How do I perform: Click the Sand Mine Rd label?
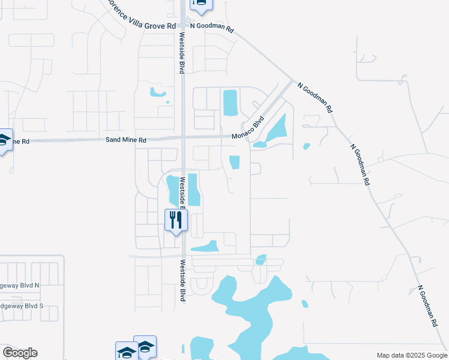pyautogui.click(x=126, y=140)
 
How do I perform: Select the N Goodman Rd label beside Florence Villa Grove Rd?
pyautogui.click(x=211, y=27)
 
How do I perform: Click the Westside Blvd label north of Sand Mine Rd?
pyautogui.click(x=179, y=51)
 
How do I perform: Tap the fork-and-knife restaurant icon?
pyautogui.click(x=176, y=220)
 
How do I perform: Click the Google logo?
pyautogui.click(x=19, y=353)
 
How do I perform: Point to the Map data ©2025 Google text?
pyautogui.click(x=411, y=355)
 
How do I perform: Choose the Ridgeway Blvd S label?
pyautogui.click(x=22, y=305)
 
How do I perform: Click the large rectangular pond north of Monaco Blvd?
pyautogui.click(x=230, y=103)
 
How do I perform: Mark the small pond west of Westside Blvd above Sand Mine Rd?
pyautogui.click(x=157, y=92)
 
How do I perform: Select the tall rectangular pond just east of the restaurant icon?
pyautogui.click(x=194, y=190)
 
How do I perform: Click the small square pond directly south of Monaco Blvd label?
pyautogui.click(x=234, y=163)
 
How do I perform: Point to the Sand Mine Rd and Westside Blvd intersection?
pyautogui.click(x=181, y=139)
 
